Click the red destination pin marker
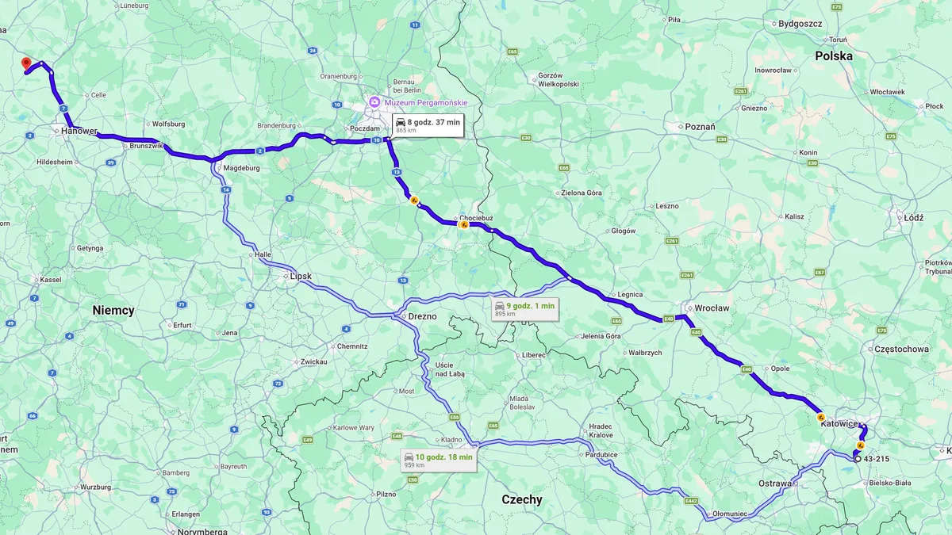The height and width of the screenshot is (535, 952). coord(26,63)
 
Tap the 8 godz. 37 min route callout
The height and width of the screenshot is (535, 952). coord(428,125)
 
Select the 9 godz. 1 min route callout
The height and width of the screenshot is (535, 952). coord(524,308)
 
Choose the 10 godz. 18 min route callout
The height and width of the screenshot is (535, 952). coord(439,460)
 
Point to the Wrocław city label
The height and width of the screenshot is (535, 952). coord(711,308)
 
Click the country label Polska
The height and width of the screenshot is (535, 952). coord(834,56)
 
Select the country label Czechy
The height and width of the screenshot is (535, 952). coord(522,499)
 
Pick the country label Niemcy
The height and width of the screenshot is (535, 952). coord(113,311)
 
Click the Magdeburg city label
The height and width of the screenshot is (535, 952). coord(242,168)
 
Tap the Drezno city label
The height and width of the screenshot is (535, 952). coord(421,315)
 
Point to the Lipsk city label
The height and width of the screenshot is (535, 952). coord(301,276)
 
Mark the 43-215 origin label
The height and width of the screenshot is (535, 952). coord(875,458)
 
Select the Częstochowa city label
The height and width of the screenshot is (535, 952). coord(900,348)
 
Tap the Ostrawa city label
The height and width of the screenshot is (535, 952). coord(774,483)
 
